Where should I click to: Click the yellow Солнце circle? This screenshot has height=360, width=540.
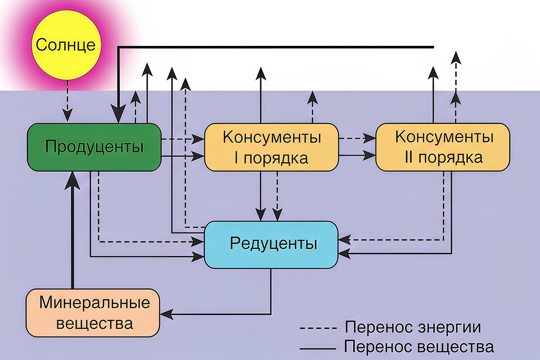[x=66, y=45]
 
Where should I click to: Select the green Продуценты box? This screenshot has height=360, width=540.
[x=94, y=147]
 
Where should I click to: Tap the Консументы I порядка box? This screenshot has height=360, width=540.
[x=271, y=147]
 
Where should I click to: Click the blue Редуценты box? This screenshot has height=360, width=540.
[x=271, y=244]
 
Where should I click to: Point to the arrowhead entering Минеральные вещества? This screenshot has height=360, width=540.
[x=166, y=314]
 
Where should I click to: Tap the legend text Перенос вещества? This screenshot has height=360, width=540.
[x=418, y=347]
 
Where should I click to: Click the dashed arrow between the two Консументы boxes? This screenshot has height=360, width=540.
[x=357, y=139]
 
